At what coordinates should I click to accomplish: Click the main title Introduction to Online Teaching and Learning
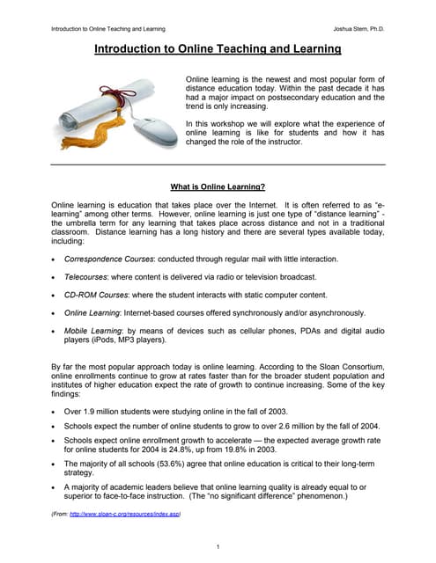coord(218,50)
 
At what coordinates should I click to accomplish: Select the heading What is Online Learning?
coord(218,186)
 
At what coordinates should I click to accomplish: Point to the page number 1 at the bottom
coord(218,547)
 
